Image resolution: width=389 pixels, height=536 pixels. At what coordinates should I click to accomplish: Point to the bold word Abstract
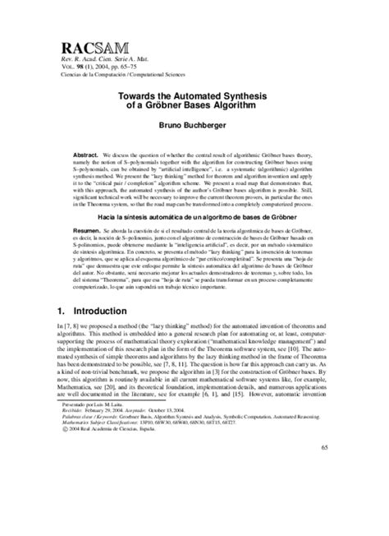86,154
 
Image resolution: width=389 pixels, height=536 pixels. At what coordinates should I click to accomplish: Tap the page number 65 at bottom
323,491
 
